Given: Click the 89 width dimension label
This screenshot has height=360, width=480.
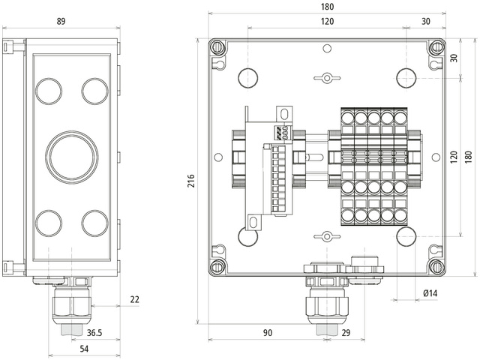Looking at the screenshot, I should click(61, 21).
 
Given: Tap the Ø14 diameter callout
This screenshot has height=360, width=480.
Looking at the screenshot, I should click(430, 293).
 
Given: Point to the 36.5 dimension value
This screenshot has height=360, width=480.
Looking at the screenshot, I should click(95, 332).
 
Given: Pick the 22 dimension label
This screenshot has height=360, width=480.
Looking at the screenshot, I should click(135, 300).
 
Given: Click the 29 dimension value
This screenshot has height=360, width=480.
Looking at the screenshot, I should click(346, 332).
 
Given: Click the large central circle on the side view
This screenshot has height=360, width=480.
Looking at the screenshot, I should click(72, 157).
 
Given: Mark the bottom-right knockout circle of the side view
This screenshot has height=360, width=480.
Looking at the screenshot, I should click(96, 223).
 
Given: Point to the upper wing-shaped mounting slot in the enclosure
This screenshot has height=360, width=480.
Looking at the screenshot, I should click(327, 77).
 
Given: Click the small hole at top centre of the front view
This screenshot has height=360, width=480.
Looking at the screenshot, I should click(327, 49).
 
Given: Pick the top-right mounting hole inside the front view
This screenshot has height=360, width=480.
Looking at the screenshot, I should click(406, 77).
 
